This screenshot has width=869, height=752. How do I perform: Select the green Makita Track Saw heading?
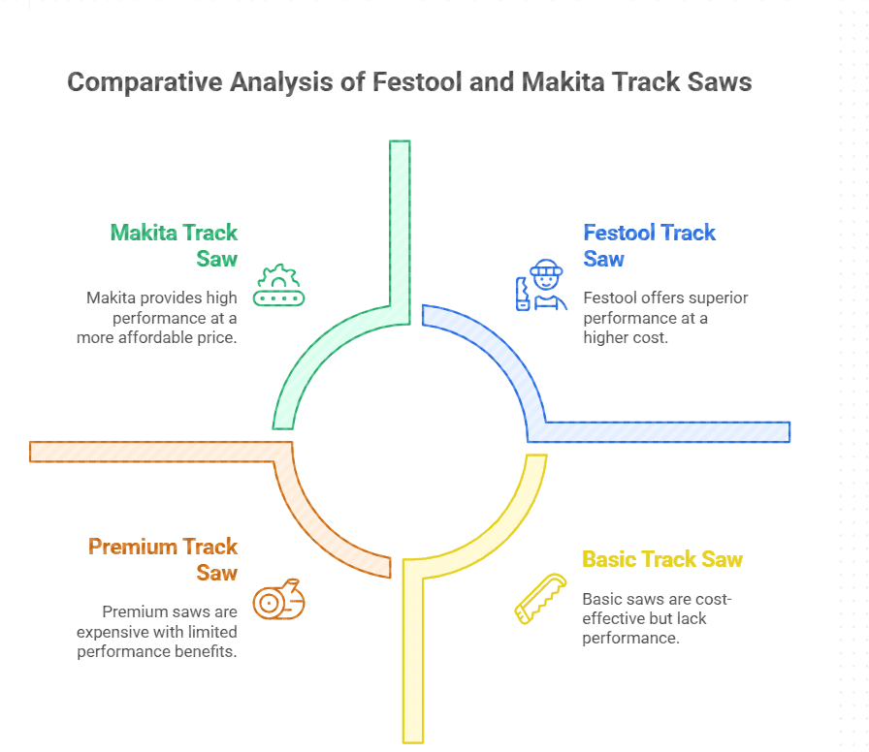175,245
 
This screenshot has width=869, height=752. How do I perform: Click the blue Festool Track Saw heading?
649,245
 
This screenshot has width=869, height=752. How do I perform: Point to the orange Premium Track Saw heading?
163,559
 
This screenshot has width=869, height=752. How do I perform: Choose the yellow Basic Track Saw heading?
661,559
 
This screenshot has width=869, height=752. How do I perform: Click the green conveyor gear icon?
278,287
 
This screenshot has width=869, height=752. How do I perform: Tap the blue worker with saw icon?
541,286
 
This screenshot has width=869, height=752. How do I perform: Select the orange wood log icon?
278,601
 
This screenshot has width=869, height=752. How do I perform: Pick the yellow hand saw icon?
539,598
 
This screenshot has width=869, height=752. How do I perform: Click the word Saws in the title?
719,82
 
